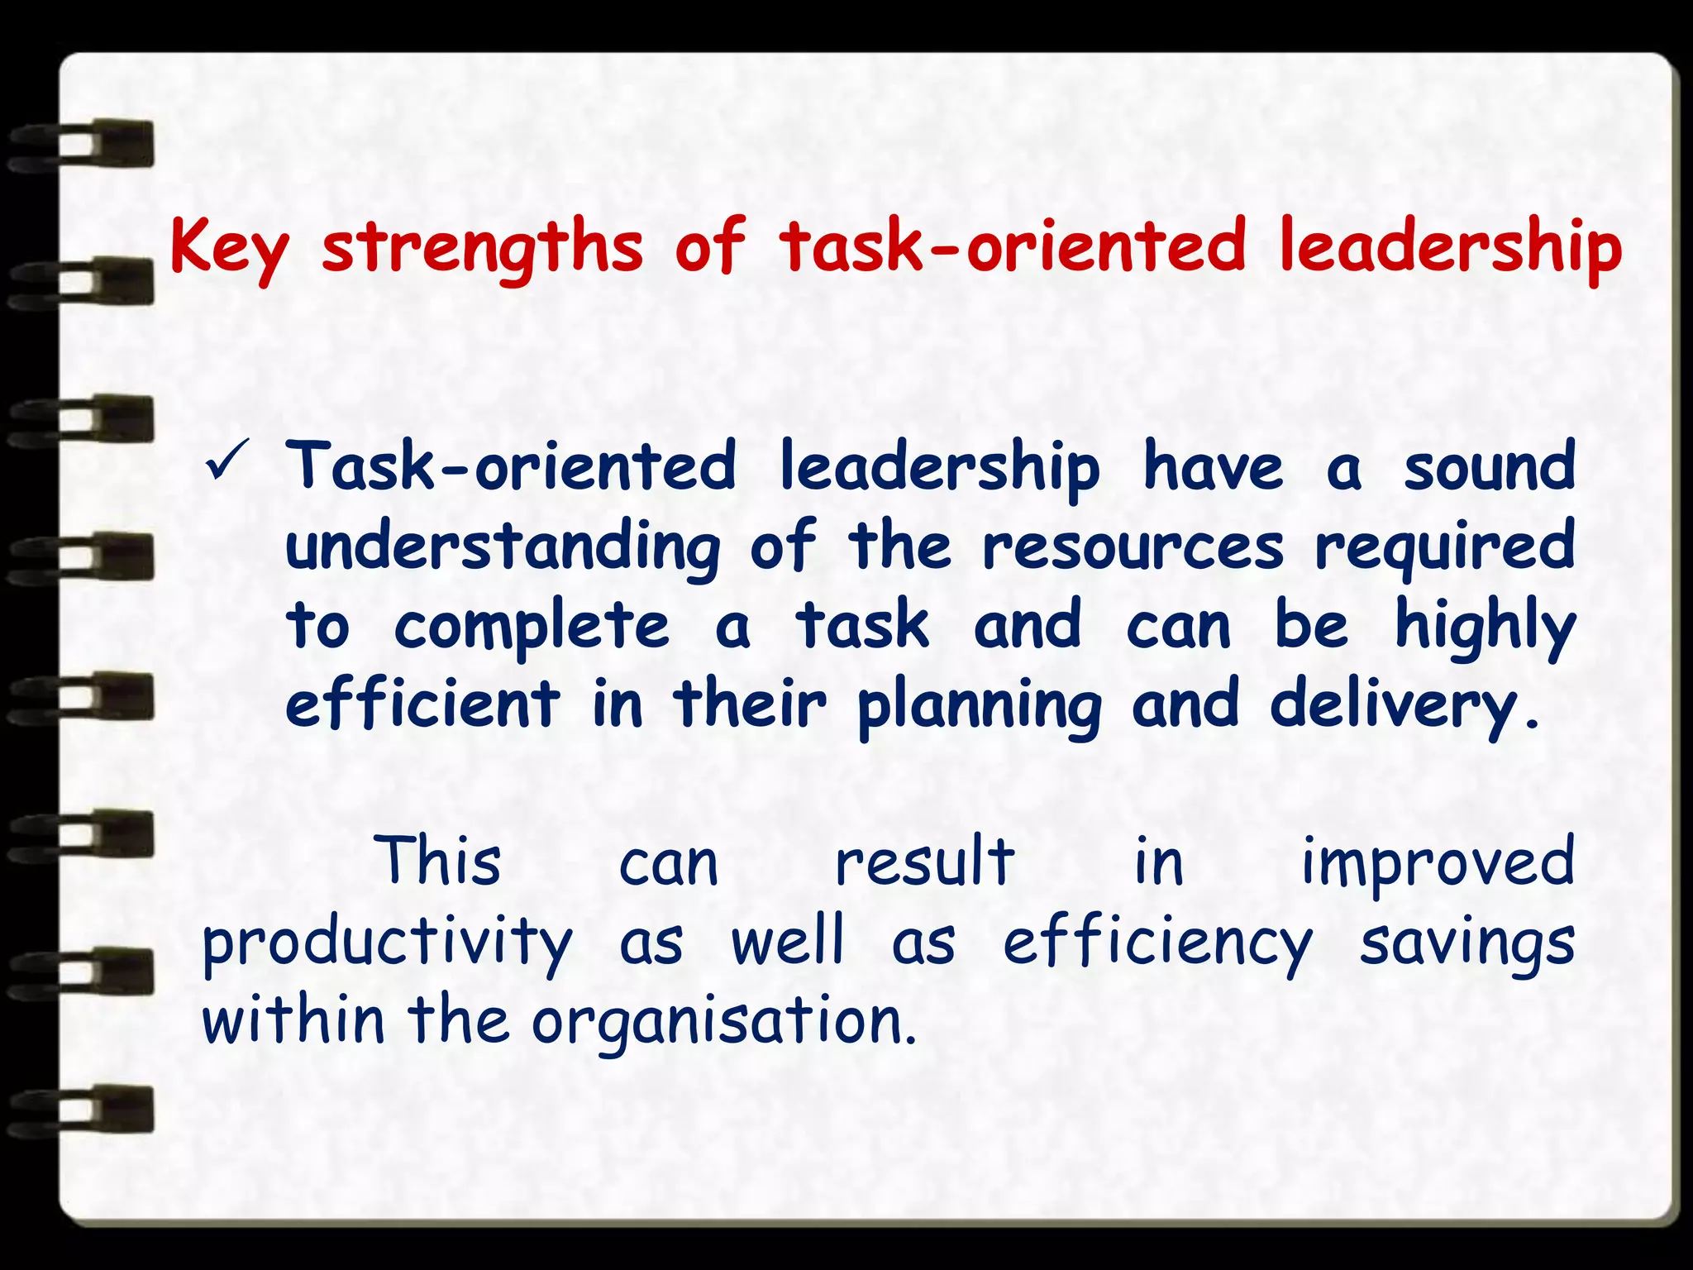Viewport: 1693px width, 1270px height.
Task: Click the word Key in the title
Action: [x=230, y=246]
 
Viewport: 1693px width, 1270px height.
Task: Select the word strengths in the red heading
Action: [x=482, y=246]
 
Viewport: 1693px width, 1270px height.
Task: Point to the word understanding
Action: [x=503, y=548]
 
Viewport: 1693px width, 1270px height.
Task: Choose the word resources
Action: [x=1133, y=548]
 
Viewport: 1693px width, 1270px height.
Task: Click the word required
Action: [x=1445, y=548]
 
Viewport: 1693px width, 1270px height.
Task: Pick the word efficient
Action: [x=422, y=704]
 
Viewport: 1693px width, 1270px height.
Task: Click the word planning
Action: [x=979, y=705]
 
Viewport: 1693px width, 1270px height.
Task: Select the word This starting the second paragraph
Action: [x=437, y=861]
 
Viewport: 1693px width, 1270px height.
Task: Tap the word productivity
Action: [x=388, y=943]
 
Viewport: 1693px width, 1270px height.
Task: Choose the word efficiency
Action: [x=1157, y=943]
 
